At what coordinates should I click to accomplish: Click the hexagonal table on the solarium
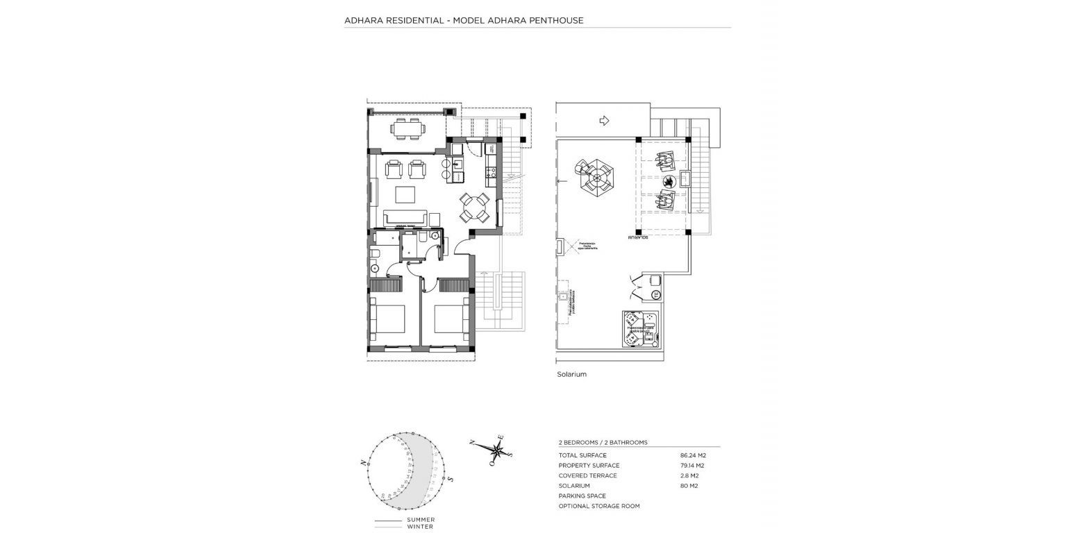tap(595, 176)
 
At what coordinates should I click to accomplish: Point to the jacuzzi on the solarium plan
tap(639, 329)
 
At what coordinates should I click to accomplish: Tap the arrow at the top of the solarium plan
tap(603, 121)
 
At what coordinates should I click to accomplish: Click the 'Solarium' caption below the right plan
tap(571, 374)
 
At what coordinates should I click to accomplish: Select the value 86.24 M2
tap(684, 455)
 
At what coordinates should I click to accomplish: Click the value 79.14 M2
tap(684, 466)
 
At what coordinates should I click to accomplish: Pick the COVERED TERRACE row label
tap(587, 476)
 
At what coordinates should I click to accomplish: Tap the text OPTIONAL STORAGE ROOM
tap(599, 506)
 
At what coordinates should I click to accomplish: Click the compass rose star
tap(497, 448)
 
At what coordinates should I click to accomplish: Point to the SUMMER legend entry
tap(421, 520)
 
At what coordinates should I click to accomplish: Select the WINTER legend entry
tap(420, 527)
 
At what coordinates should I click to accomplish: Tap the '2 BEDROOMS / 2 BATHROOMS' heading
tap(603, 442)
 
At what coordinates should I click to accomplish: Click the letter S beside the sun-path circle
tap(451, 479)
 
